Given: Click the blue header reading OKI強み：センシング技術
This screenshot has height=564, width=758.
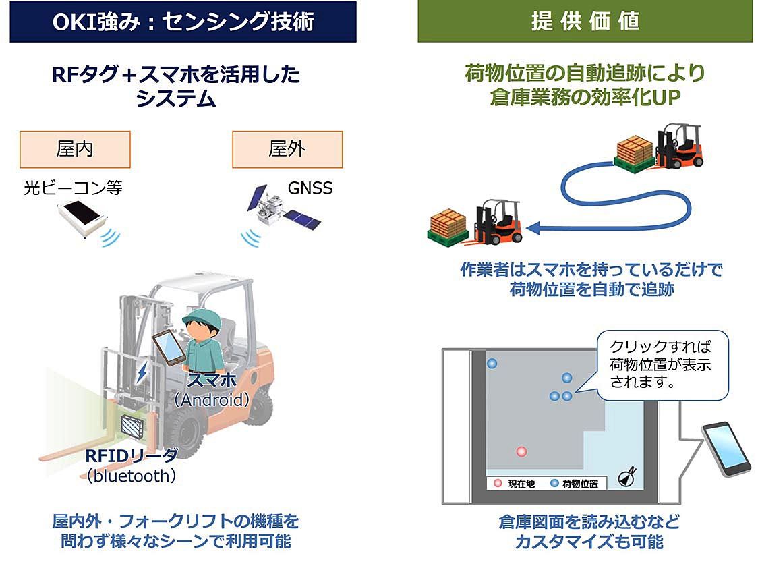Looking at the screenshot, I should coord(183,22).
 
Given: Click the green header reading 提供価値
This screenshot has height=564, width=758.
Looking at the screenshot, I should coord(585,22).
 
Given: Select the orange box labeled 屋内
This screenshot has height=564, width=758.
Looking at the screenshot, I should coord(74,149).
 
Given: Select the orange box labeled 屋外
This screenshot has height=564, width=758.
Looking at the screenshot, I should coord(287,149).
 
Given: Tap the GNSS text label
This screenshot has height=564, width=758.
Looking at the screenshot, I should coord(310,188).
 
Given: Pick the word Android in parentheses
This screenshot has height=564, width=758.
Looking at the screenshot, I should coord(212,400).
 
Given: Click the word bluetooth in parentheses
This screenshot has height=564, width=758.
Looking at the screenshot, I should coord(132,476).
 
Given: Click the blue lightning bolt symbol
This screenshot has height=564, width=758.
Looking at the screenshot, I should coord(143,373).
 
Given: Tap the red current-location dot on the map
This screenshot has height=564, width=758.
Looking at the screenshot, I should coord(521,451).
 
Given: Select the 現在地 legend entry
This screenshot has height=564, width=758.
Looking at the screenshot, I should coord(514,483).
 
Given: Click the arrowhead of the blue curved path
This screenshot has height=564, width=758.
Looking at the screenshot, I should coord(531,229).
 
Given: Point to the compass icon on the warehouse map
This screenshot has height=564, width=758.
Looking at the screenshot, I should coord(626,476).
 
